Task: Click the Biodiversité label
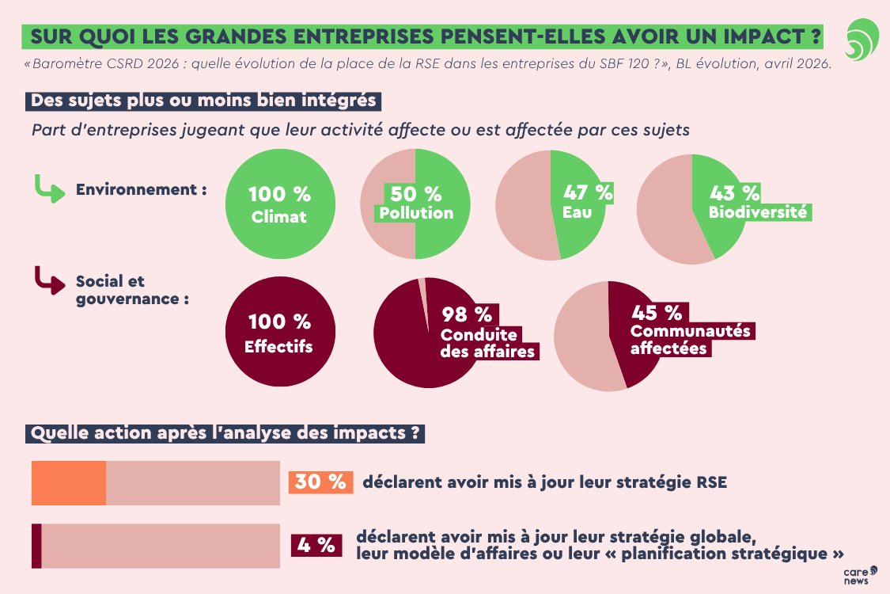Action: pos(758,212)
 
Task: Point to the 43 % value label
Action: pos(734,193)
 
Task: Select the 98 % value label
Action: pos(466,314)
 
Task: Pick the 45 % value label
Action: pos(656,313)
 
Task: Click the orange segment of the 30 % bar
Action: pos(69,482)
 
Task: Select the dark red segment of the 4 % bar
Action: pos(36,546)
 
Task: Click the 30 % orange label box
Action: pos(320,482)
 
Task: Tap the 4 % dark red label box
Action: pos(317,545)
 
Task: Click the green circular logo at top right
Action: pos(861,40)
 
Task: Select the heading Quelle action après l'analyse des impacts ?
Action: pos(225,433)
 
